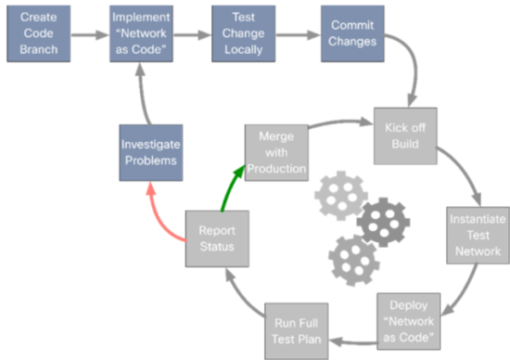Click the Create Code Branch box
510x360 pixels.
tap(38, 34)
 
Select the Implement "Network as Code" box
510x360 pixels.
tap(140, 34)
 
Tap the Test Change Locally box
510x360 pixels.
tap(242, 34)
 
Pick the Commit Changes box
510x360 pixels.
tap(351, 34)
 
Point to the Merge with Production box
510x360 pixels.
tap(275, 151)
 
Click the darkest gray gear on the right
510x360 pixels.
tap(383, 221)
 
